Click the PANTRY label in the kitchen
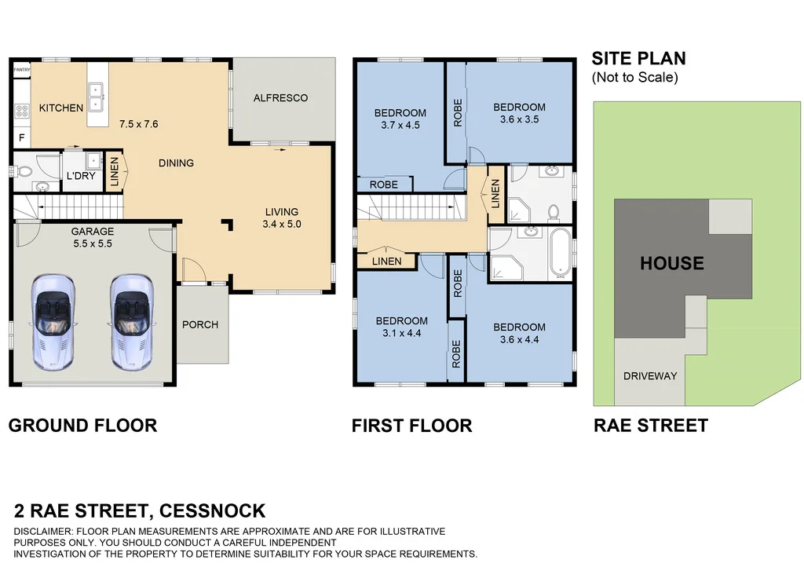(x=22, y=70)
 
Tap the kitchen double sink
(x=96, y=97)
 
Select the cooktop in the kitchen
(x=21, y=110)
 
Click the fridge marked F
(x=21, y=137)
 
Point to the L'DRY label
(x=81, y=176)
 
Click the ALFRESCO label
(x=280, y=98)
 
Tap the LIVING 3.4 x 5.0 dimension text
(x=282, y=224)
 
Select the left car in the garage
(x=53, y=322)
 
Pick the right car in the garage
(x=131, y=322)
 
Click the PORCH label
(x=200, y=324)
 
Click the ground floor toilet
(x=21, y=170)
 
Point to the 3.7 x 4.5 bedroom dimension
(x=400, y=125)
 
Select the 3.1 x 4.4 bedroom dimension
(x=401, y=333)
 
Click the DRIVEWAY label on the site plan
(x=650, y=376)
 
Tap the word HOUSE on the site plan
(x=672, y=264)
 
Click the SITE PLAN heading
(x=638, y=58)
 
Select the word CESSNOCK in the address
(x=212, y=511)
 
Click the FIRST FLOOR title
(x=411, y=426)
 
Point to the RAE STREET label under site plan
(x=651, y=426)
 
